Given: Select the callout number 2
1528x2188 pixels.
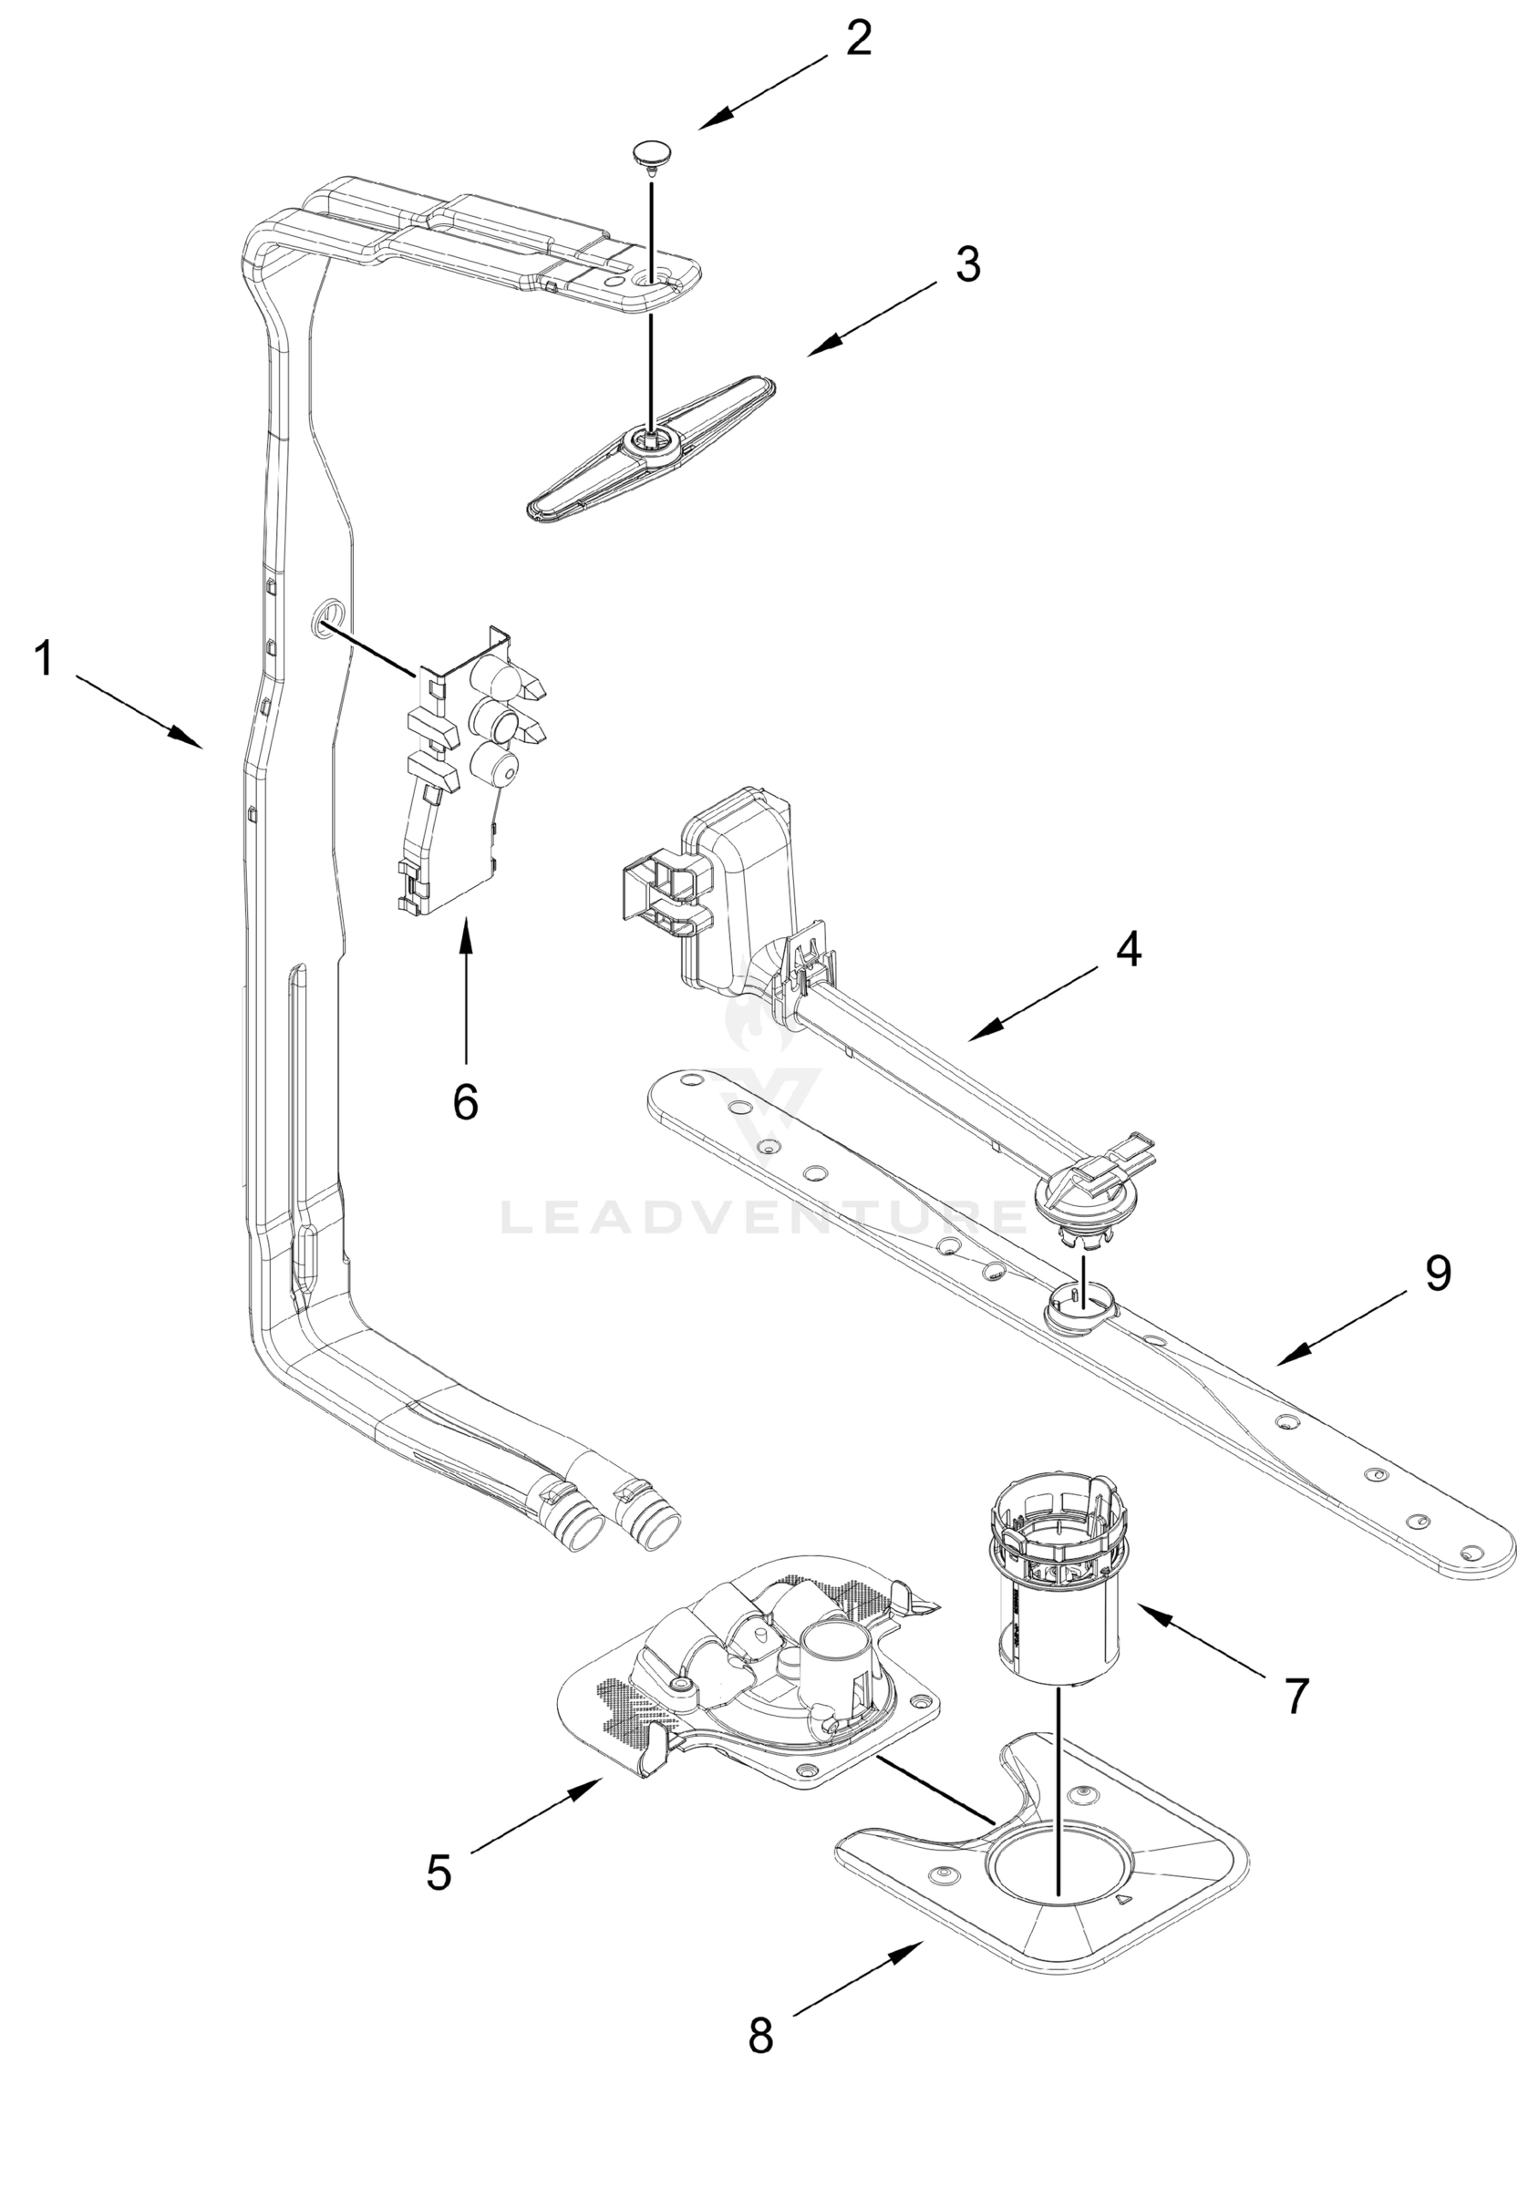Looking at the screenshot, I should pos(858,38).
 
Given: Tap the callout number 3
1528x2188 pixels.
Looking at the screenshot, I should pos(967,264).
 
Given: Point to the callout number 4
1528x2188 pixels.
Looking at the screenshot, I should pos(1129,949).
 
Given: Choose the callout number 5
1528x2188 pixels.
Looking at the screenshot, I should pos(439,1873).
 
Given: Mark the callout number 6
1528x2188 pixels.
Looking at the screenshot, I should pos(465,1102).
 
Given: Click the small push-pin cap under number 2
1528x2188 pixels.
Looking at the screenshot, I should pos(651,152).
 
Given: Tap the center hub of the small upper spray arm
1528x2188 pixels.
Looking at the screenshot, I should pos(651,441).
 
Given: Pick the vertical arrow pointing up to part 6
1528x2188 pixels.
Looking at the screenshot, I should pos(465,991).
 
